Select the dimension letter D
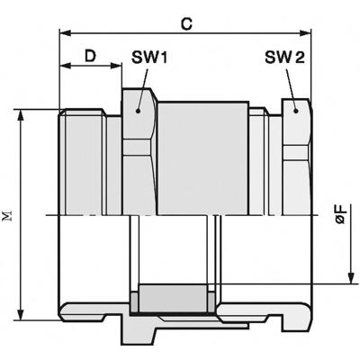[x=90, y=56]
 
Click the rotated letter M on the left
[x=8, y=216]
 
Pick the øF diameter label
[x=340, y=215]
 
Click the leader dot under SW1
[x=138, y=111]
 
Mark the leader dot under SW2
[x=295, y=111]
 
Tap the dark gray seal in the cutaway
[x=171, y=300]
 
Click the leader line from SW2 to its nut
[x=290, y=90]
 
